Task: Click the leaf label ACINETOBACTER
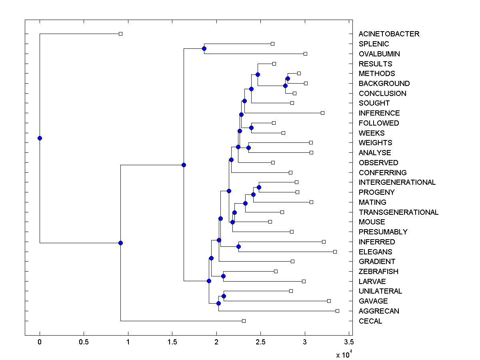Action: tap(389, 34)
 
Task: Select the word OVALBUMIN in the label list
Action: tap(379, 54)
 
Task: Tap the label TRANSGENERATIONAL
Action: tap(398, 212)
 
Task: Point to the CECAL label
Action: tap(370, 321)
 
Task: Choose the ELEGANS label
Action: tap(375, 252)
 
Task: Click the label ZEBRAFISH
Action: tap(378, 272)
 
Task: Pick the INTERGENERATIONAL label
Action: tap(397, 182)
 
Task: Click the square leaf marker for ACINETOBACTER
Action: tap(120, 34)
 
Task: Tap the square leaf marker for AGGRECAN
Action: tap(337, 311)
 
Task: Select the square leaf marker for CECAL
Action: tap(244, 321)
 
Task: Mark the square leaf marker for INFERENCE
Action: tap(322, 113)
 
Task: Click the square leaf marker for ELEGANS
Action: tap(335, 252)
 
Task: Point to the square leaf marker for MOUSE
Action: tap(270, 222)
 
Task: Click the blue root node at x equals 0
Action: tap(40, 138)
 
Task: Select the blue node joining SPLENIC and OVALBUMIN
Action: tap(204, 48)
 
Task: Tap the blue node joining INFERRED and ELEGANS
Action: tap(238, 246)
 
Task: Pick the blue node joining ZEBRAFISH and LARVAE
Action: tap(223, 276)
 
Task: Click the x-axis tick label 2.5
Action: tap(261, 342)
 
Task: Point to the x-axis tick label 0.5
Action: tap(84, 342)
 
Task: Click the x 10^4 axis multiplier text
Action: tap(343, 354)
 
